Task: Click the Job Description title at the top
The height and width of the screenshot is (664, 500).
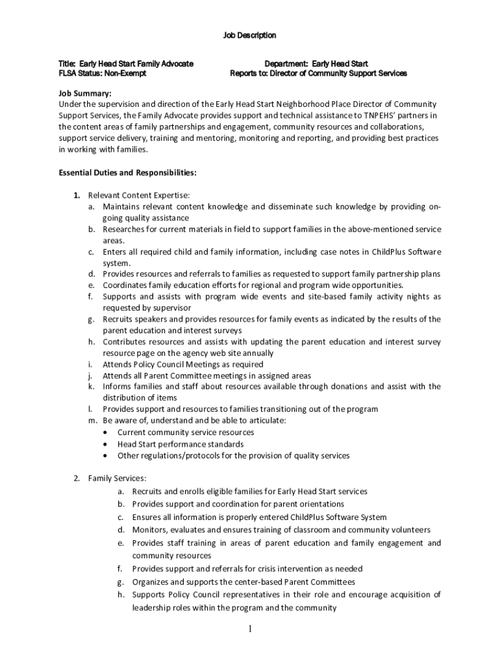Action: tap(250, 35)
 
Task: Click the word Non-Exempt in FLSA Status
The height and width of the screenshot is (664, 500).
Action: tap(125, 73)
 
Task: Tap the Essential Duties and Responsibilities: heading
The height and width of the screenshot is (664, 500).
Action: tap(128, 172)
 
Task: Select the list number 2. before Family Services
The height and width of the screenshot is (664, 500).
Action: tap(76, 479)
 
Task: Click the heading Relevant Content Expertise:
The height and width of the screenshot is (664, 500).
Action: tap(139, 195)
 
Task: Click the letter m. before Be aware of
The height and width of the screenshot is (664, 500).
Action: tap(92, 421)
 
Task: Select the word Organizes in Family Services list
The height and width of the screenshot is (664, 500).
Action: tap(151, 582)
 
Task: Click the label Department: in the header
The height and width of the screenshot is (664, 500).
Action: tap(286, 64)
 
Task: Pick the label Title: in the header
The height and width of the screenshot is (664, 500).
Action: tap(68, 64)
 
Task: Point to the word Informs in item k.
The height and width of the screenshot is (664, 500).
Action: tap(117, 386)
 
